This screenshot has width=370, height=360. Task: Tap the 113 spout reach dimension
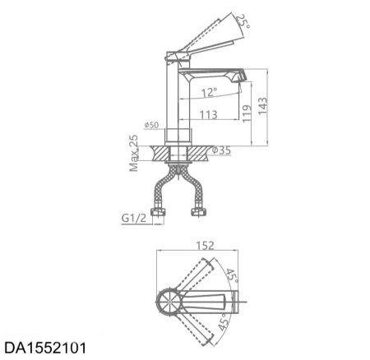click(208, 115)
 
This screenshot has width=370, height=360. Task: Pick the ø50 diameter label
click(151, 125)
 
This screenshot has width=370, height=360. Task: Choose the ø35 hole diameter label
click(220, 150)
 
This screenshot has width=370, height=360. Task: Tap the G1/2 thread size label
click(134, 219)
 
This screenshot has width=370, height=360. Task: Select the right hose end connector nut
click(198, 214)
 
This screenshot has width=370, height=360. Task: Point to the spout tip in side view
click(242, 76)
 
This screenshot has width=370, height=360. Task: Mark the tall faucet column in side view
click(178, 99)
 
